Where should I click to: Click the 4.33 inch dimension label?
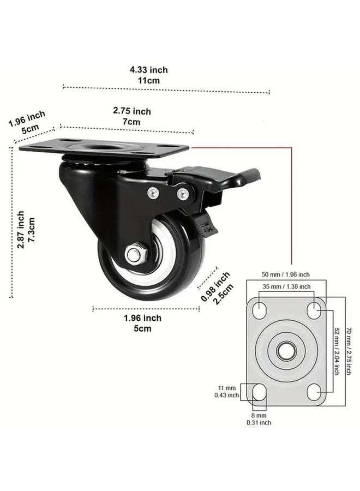[148, 75]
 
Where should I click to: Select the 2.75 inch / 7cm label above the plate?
[131, 116]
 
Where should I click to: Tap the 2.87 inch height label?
[26, 230]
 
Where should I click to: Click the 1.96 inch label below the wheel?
[142, 323]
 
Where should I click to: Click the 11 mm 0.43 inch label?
[226, 391]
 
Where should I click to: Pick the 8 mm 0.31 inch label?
[258, 418]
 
